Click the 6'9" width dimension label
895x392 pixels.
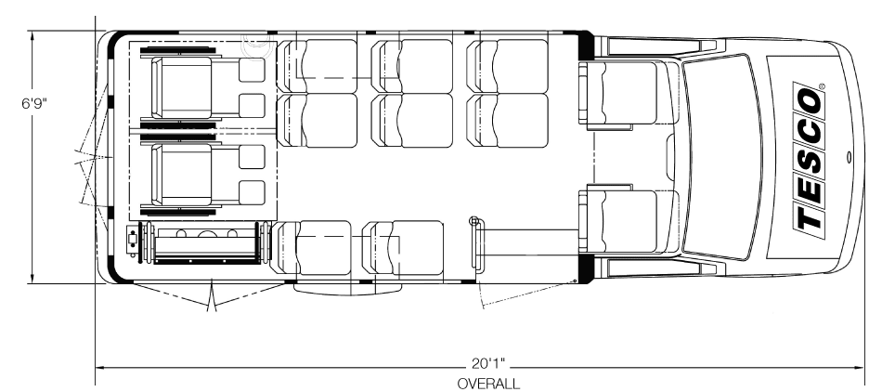click(34, 104)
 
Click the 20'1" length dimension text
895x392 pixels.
click(489, 363)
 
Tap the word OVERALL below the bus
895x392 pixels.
click(488, 384)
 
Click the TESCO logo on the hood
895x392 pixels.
click(809, 157)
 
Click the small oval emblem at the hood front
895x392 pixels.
click(850, 156)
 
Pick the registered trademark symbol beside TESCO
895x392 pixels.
click(822, 86)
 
